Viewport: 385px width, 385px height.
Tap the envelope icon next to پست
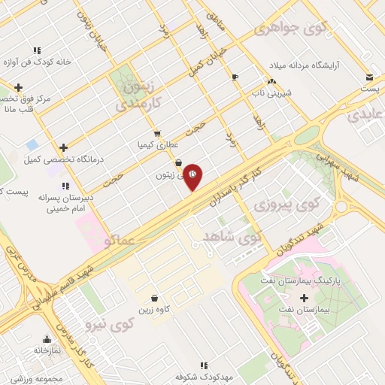[369, 77]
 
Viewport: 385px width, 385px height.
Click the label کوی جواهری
[291, 29]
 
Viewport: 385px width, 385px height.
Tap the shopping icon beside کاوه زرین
[154, 298]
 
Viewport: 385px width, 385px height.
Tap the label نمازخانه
[47, 350]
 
